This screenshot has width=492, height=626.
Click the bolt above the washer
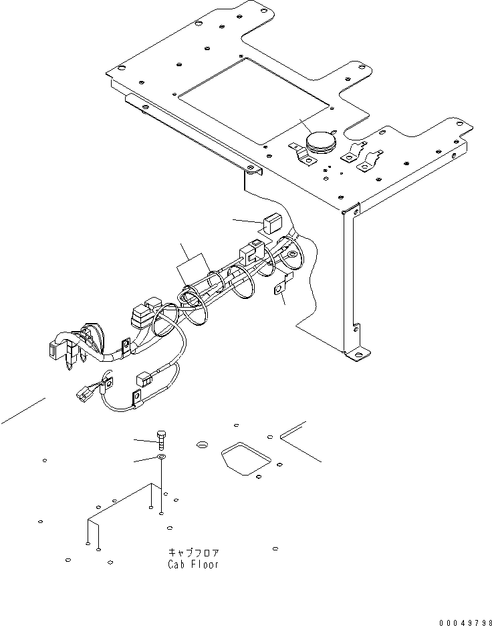click(161, 440)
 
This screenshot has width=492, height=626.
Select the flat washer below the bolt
click(161, 457)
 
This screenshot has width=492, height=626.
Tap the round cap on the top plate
click(322, 142)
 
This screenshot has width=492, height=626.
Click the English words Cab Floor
click(193, 564)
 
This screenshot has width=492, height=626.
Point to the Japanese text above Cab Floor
click(193, 552)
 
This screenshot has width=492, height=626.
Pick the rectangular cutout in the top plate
click(254, 101)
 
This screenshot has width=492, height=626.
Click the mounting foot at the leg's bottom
click(358, 354)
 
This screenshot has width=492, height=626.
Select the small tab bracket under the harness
click(281, 286)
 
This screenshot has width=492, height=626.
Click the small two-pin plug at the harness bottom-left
click(84, 393)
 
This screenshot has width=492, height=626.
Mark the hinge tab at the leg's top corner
click(351, 209)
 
